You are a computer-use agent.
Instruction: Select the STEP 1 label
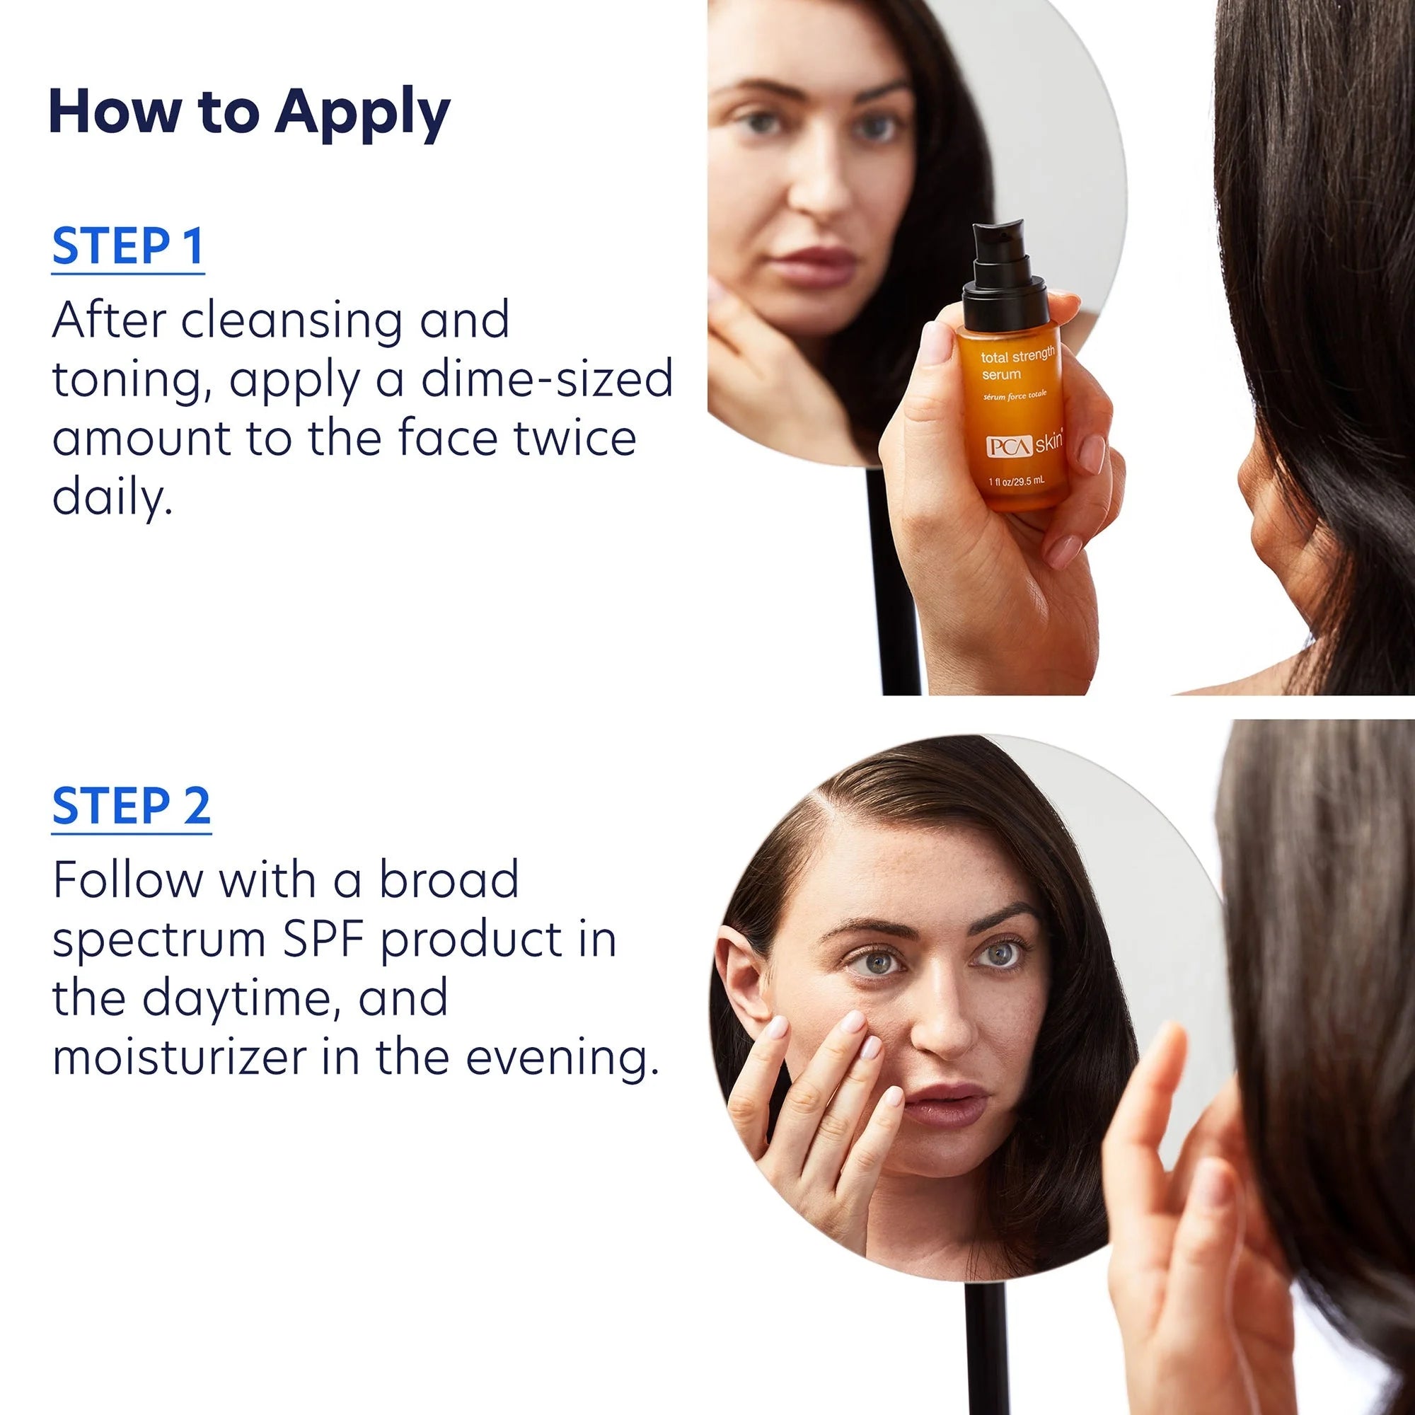[x=127, y=246]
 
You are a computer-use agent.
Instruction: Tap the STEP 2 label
[x=131, y=806]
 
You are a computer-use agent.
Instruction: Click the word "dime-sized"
[x=547, y=379]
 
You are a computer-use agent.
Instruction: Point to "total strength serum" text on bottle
[x=1017, y=364]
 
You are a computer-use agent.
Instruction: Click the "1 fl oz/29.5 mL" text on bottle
[x=1017, y=481]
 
